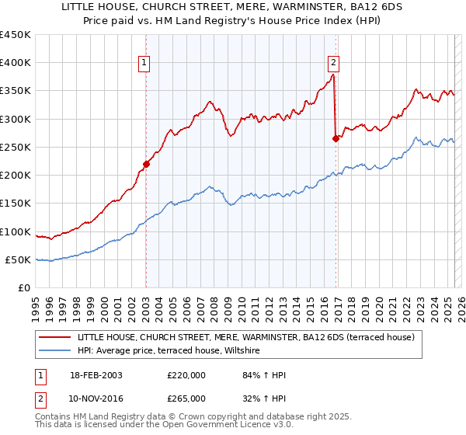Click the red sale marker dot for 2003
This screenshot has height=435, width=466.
click(x=146, y=164)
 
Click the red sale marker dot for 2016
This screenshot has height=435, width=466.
click(x=336, y=139)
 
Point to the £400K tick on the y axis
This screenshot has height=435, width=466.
click(x=15, y=63)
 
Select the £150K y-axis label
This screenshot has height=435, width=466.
click(x=15, y=204)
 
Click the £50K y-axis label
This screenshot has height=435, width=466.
click(x=18, y=260)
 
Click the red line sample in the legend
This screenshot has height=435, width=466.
click(x=54, y=338)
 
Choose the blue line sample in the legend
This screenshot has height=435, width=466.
click(x=54, y=351)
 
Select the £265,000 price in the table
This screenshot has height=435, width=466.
click(x=186, y=398)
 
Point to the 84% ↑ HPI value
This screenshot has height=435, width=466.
click(x=249, y=375)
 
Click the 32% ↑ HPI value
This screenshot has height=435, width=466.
click(x=249, y=398)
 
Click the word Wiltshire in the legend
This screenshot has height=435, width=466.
click(x=246, y=351)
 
